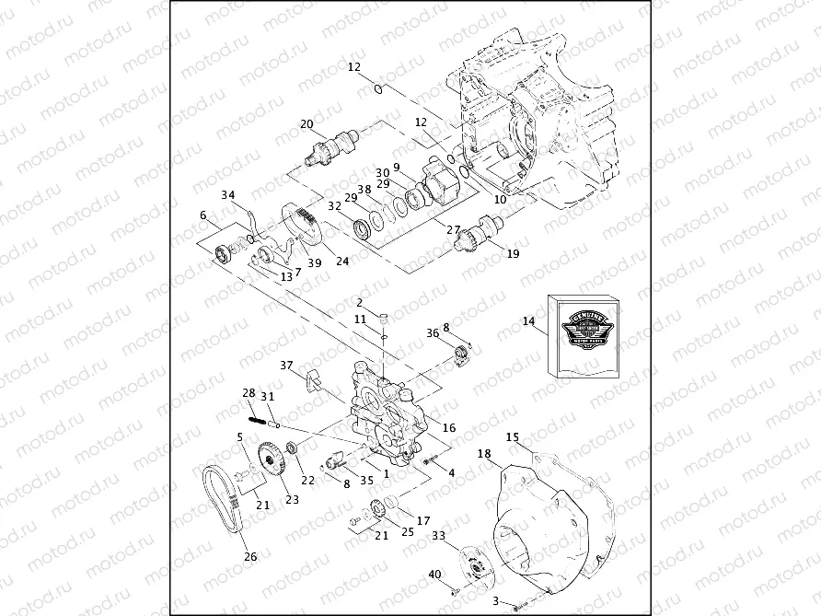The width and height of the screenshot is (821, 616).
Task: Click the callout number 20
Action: [x=306, y=124]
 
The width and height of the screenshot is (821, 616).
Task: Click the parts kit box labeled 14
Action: [x=585, y=336]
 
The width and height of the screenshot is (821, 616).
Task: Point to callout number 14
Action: [x=528, y=321]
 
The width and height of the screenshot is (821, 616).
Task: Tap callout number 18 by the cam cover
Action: [x=484, y=453]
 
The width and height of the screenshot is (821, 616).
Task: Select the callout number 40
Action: [x=434, y=575]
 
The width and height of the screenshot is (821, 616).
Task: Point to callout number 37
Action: [x=286, y=366]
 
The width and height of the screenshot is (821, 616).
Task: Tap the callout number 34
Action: [x=228, y=194]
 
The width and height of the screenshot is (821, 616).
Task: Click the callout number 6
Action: [x=202, y=215]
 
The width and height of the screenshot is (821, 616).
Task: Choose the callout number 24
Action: [x=342, y=261]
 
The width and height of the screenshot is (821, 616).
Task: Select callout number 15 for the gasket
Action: [x=513, y=436]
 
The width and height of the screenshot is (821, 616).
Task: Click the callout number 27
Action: [x=452, y=231]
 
